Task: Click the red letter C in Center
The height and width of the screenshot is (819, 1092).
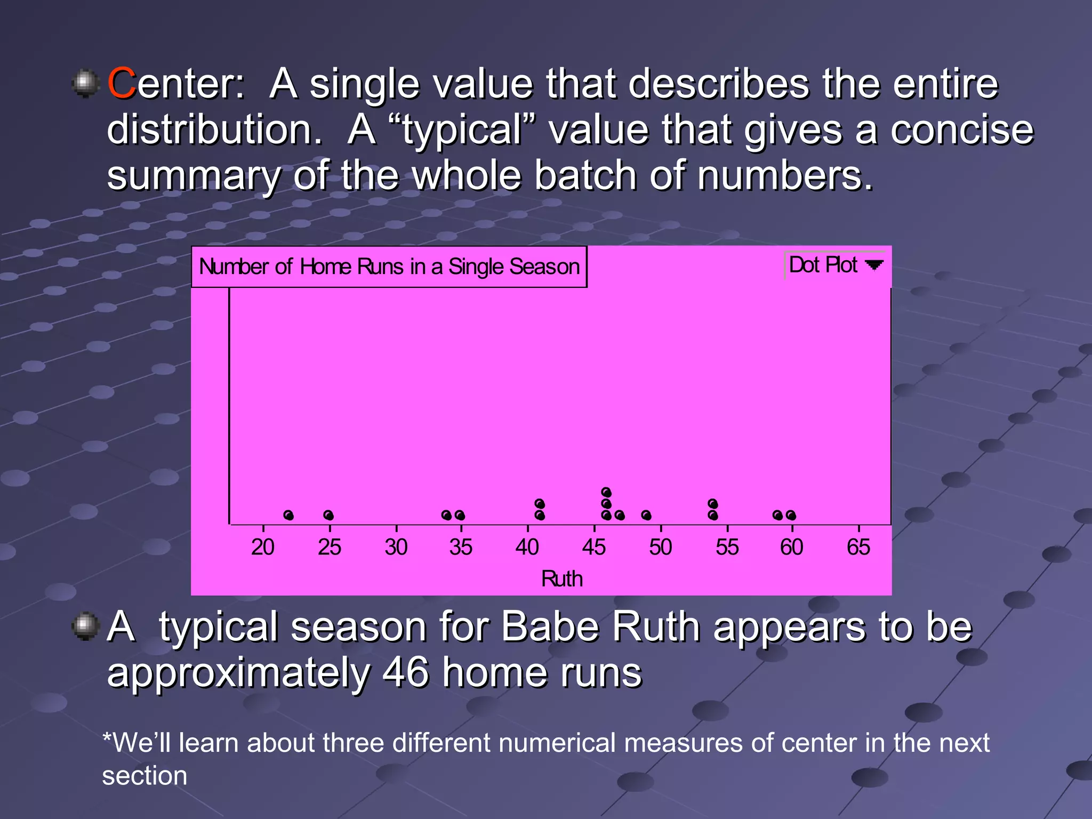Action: coord(122,84)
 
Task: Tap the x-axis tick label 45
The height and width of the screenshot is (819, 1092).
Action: coord(593,547)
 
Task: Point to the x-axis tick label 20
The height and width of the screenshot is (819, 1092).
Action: coord(262,547)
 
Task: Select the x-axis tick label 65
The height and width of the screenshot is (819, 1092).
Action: coord(858,547)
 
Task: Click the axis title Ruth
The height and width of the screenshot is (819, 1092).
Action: coord(561,579)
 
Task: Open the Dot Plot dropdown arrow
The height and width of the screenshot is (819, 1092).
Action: coord(874,265)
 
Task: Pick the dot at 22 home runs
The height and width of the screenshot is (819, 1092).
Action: coord(288,515)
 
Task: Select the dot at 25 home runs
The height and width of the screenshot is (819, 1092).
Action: coord(328,515)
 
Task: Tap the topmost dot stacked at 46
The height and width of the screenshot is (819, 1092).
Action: coord(606,492)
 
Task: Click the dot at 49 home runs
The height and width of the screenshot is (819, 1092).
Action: coord(646,515)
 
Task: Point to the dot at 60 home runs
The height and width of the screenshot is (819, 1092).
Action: coord(791,515)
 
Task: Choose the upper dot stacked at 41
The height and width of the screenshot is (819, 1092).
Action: coord(540,504)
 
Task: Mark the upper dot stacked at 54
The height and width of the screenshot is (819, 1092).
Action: coord(713,504)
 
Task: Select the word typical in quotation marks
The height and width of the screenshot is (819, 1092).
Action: coord(462,130)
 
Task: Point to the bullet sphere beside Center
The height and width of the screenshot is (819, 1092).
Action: coord(85,83)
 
